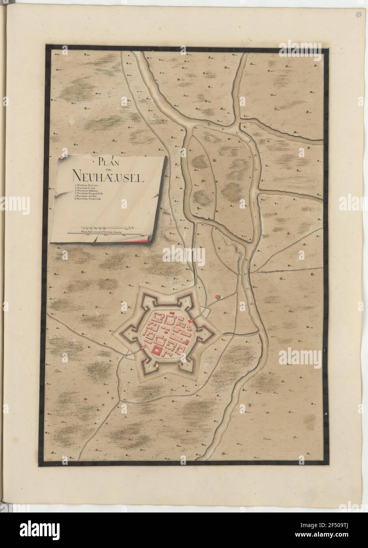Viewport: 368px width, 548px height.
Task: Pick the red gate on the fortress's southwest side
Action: (143, 348)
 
